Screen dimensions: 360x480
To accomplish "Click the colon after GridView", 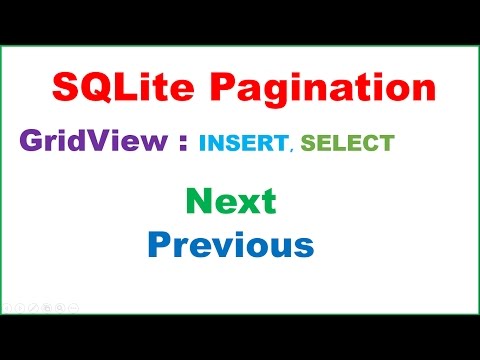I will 181,143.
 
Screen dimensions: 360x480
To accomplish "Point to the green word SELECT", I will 349,143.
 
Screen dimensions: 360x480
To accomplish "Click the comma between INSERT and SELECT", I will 291,149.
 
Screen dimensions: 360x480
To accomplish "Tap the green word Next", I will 231,202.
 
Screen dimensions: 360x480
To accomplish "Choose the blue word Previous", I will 230,244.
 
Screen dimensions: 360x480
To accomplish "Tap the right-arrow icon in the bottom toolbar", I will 21,307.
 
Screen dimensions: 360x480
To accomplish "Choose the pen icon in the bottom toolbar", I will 34,307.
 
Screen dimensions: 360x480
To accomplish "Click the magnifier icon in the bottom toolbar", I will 60,307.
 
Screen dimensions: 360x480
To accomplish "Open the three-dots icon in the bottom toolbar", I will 73,307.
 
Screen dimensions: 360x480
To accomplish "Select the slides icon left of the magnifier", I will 47,307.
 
